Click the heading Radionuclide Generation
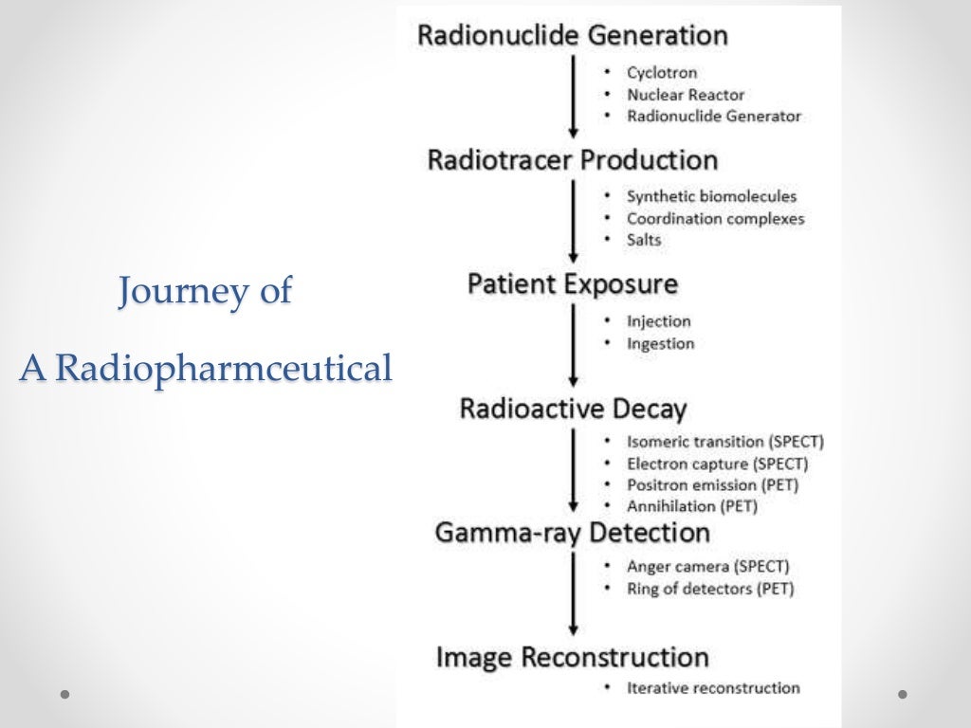pyautogui.click(x=573, y=36)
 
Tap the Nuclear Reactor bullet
pyautogui.click(x=686, y=94)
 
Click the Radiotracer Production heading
pyautogui.click(x=573, y=159)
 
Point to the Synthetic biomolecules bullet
pyautogui.click(x=711, y=196)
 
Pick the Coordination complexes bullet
pyautogui.click(x=715, y=218)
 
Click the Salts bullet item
pyautogui.click(x=644, y=240)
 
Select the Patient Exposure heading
pyautogui.click(x=573, y=284)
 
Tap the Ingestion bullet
pyautogui.click(x=660, y=343)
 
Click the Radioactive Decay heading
pyautogui.click(x=573, y=409)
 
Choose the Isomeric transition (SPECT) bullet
pyautogui.click(x=725, y=442)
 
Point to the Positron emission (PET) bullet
pyautogui.click(x=712, y=484)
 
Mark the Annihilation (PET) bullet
pyautogui.click(x=692, y=506)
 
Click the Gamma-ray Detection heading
pyautogui.click(x=573, y=532)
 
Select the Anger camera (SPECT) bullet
pyautogui.click(x=707, y=567)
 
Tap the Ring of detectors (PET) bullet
pyautogui.click(x=710, y=589)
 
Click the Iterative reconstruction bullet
pyautogui.click(x=713, y=687)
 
